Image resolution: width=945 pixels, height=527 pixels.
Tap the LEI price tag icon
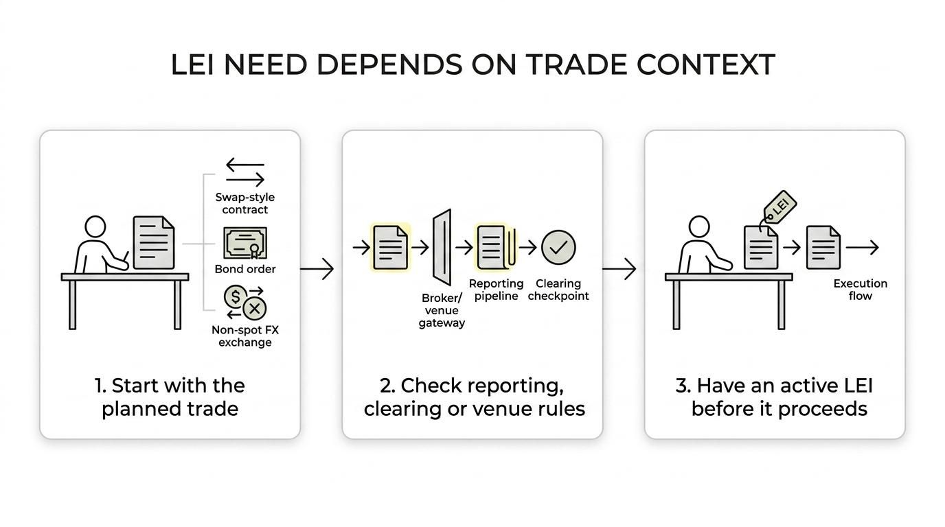[x=780, y=207]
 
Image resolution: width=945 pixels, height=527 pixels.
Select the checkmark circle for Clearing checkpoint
[x=558, y=247]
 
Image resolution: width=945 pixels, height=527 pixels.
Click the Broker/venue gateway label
[x=442, y=310]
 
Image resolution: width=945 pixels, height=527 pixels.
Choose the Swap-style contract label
[x=244, y=204]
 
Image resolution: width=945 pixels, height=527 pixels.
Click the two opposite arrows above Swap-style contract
[x=244, y=173]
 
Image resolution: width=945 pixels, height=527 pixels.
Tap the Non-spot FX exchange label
[x=245, y=336]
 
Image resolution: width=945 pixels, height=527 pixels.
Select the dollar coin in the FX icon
[x=236, y=297]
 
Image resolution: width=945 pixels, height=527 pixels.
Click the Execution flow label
[x=860, y=290]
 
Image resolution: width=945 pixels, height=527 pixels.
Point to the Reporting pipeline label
[x=496, y=290]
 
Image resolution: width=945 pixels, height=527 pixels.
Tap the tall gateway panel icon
[x=442, y=247]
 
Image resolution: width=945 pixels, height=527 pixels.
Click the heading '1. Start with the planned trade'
[x=170, y=397]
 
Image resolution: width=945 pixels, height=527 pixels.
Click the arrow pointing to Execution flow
[x=863, y=248]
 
